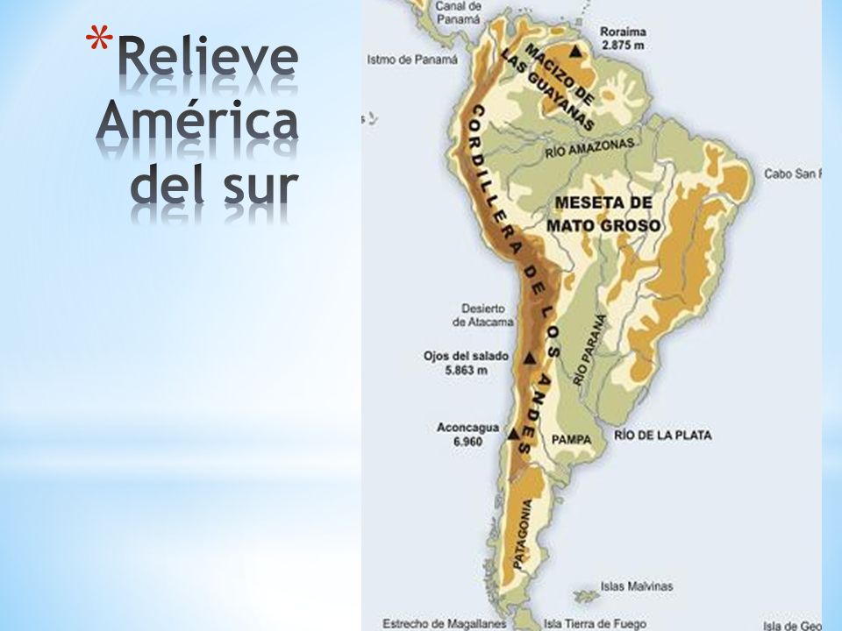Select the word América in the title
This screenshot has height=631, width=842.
tap(196, 125)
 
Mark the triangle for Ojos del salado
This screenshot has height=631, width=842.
tap(528, 359)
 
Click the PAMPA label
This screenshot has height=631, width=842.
tap(571, 438)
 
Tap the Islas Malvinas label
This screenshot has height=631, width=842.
tap(637, 585)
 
